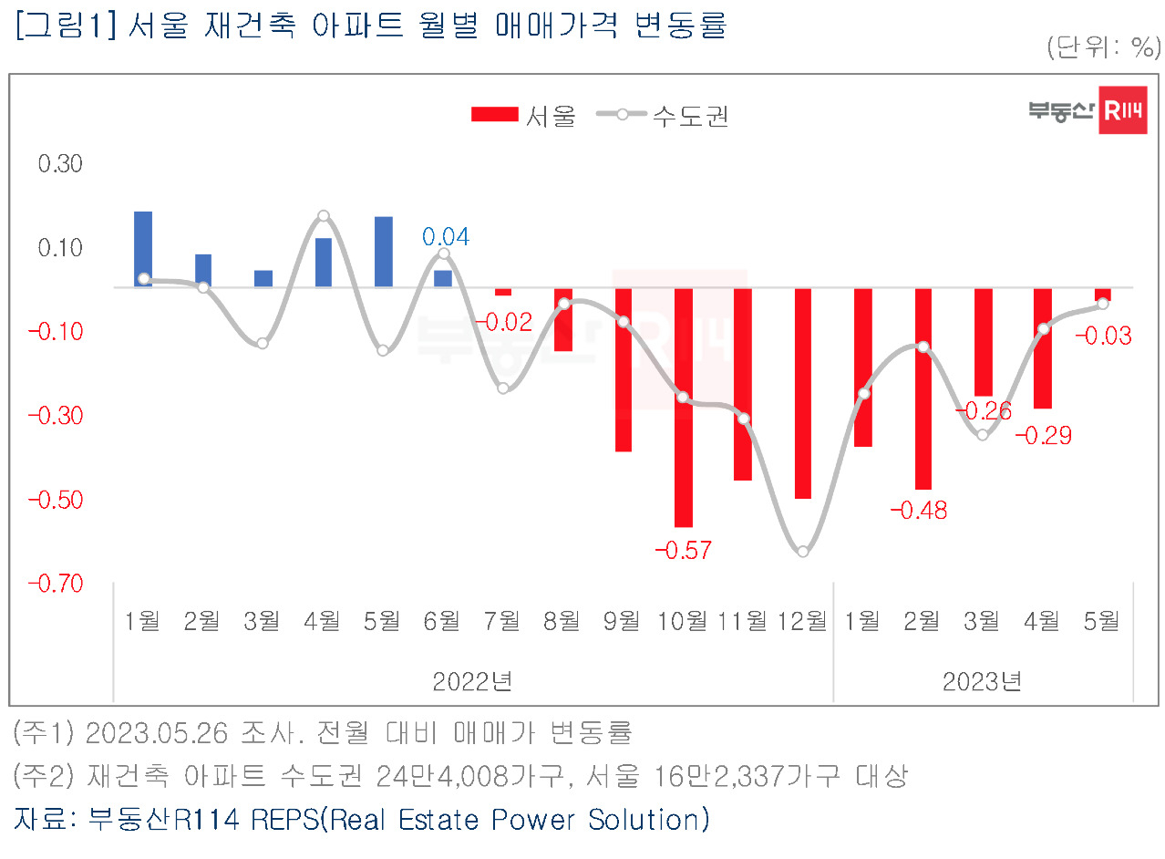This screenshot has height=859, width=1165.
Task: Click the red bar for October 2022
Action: (684, 408)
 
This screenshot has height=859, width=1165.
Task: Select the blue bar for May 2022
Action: (384, 252)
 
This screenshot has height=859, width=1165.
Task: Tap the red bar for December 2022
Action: (803, 393)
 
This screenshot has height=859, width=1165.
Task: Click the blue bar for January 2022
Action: (143, 249)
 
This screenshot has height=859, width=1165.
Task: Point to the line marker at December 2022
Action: (803, 552)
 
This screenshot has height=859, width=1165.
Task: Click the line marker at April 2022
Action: (324, 215)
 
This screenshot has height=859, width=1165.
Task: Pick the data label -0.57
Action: (683, 551)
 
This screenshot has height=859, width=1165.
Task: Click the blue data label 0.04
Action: (446, 237)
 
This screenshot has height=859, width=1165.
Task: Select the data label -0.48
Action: (919, 511)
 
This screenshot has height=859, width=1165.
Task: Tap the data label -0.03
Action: (1104, 336)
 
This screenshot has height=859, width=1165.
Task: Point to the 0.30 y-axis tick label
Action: (60, 164)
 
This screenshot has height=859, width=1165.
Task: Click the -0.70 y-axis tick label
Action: (56, 584)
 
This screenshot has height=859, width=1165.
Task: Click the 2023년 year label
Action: (983, 681)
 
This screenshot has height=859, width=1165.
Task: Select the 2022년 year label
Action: (473, 681)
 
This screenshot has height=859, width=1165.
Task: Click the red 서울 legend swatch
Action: (495, 115)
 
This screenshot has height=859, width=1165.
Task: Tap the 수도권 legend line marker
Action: (622, 115)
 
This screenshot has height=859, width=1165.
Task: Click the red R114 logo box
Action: (1123, 110)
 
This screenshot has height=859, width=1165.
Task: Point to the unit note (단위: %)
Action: (1104, 47)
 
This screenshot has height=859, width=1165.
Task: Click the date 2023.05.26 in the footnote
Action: (157, 733)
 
